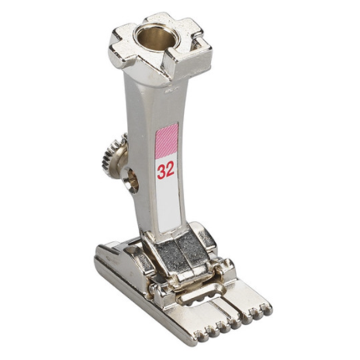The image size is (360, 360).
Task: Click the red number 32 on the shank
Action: point(166,171)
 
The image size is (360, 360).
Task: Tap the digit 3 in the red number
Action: point(161,172)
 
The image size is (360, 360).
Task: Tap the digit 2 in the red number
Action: point(170,170)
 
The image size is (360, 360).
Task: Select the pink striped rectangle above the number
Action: point(167,140)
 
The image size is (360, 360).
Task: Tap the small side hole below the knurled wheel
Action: point(130,180)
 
